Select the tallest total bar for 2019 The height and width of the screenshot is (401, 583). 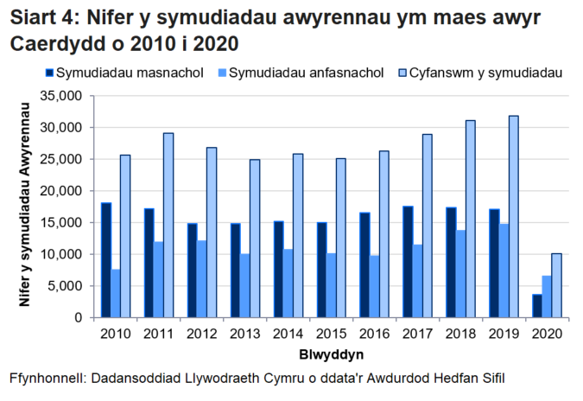[514, 216]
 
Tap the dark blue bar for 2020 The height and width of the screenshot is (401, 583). [536, 306]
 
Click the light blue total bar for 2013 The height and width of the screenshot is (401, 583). [255, 238]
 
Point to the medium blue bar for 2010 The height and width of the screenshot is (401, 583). [116, 293]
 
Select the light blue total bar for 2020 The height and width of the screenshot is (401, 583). [557, 285]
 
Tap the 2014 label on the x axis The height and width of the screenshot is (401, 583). [288, 333]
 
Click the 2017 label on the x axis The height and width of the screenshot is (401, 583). [417, 333]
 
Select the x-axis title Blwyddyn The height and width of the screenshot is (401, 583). [331, 354]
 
